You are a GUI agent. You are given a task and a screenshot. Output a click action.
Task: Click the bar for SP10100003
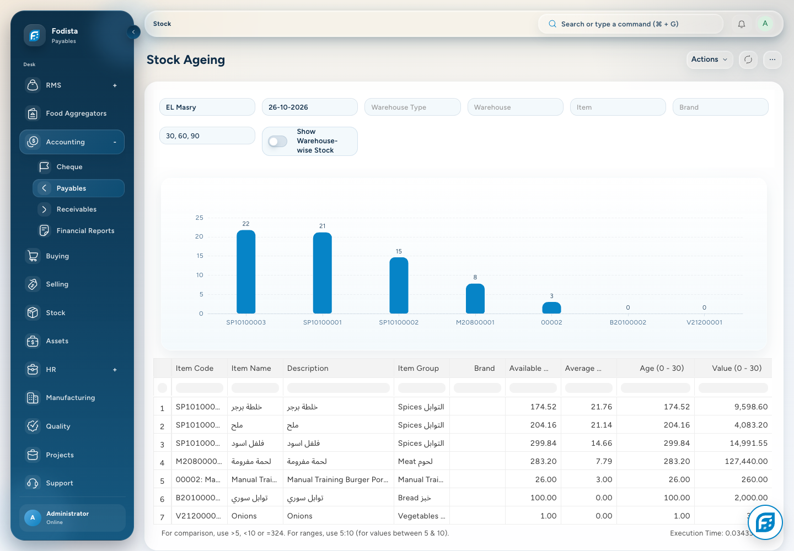pos(246,272)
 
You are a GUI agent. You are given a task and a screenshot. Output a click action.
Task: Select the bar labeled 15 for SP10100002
pos(399,285)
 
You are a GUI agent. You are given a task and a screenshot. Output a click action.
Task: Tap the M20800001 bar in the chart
pos(475,298)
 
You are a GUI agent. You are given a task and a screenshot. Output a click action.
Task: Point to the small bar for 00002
pos(551,307)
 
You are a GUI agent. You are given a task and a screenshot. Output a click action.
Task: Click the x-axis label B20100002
pos(627,322)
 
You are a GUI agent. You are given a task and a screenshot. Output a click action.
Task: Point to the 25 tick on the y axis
pos(199,218)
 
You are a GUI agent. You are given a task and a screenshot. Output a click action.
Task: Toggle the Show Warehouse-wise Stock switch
pos(277,141)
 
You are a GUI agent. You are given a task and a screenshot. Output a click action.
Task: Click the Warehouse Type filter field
pos(412,107)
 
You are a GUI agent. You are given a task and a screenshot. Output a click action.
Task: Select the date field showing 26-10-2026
pos(310,107)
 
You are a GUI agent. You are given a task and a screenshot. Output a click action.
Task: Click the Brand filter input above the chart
pos(720,107)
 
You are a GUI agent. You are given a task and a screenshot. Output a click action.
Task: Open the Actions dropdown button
pos(709,59)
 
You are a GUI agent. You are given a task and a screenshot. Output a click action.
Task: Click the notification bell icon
pos(741,24)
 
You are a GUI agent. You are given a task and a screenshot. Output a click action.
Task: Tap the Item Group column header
pos(419,368)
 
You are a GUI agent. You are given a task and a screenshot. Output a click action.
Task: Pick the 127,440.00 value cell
pos(746,461)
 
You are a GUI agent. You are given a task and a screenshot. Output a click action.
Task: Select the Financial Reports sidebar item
pos(85,230)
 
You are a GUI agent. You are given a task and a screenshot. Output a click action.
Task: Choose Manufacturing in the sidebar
pos(71,397)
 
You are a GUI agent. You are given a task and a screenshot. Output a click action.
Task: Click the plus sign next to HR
pos(115,369)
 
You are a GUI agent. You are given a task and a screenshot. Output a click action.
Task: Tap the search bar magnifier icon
pos(552,24)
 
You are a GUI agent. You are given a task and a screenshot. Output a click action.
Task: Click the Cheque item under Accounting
pos(69,166)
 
